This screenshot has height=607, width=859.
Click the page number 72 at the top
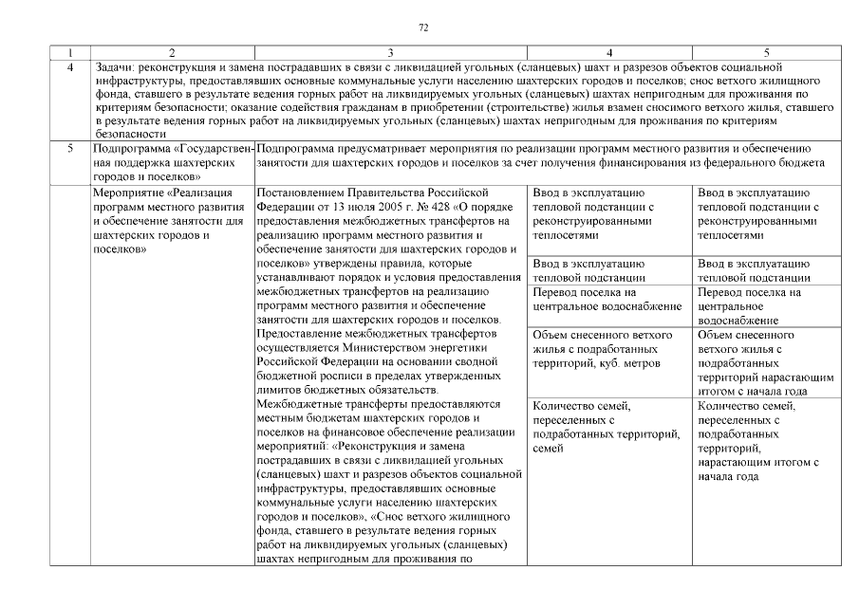pyautogui.click(x=423, y=28)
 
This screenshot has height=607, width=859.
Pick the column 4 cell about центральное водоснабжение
pyautogui.click(x=608, y=300)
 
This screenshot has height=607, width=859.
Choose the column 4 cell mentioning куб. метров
pyautogui.click(x=608, y=350)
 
